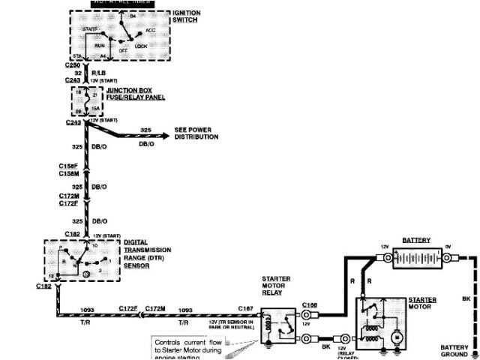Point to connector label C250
pyautogui.click(x=72, y=65)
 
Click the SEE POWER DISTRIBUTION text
pyautogui.click(x=196, y=133)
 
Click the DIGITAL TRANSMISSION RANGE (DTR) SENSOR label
pyautogui.click(x=148, y=259)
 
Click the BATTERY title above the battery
pyautogui.click(x=416, y=240)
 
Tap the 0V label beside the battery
pyautogui.click(x=448, y=247)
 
